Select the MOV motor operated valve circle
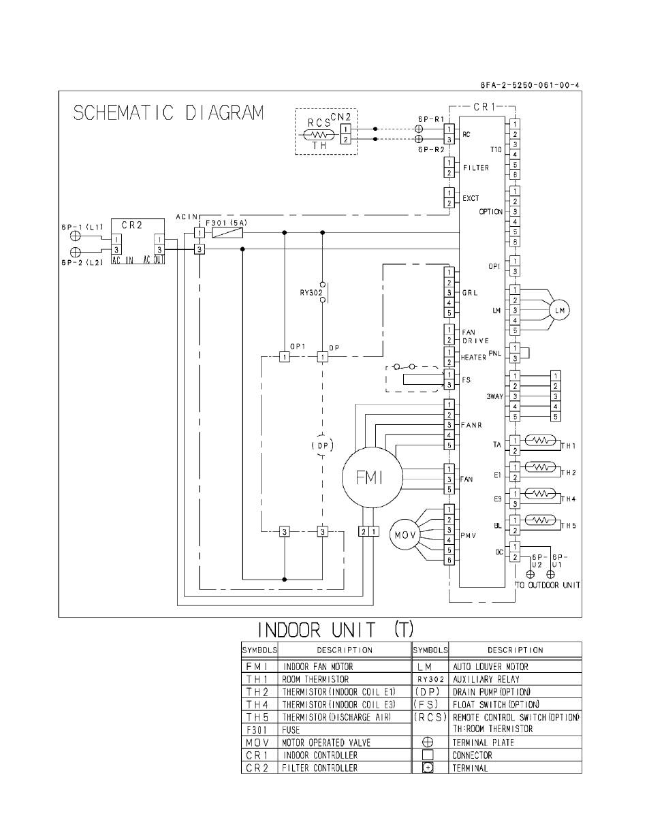[x=402, y=535]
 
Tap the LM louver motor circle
[x=559, y=311]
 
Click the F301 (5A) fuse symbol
[x=227, y=233]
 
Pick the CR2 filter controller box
[x=137, y=242]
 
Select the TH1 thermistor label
[x=569, y=446]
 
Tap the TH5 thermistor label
[x=569, y=525]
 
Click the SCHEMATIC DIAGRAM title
[x=168, y=113]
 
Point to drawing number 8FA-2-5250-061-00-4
[x=531, y=86]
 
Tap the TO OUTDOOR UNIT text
[x=547, y=585]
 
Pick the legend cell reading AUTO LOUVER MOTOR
[x=490, y=667]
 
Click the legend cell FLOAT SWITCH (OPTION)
[x=496, y=704]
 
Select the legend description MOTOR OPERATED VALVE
[x=326, y=742]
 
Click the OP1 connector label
[x=298, y=347]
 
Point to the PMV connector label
[x=467, y=536]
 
